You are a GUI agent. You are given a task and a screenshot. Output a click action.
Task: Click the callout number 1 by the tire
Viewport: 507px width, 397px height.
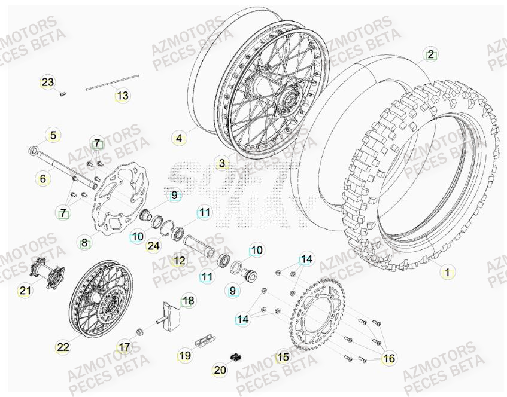pos(445,272)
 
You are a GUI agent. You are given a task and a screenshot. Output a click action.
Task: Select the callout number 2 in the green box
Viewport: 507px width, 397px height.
pos(430,54)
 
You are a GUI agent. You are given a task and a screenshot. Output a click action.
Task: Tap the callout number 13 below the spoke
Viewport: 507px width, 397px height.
pos(122,95)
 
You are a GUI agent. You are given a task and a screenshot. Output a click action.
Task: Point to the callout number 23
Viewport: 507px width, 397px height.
pos(48,82)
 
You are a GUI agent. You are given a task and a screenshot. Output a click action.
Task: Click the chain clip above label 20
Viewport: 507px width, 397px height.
pos(235,357)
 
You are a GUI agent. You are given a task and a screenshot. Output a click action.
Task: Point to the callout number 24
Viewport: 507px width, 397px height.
pos(153,245)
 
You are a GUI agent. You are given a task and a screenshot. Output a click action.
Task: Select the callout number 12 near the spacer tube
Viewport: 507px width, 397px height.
pos(179,261)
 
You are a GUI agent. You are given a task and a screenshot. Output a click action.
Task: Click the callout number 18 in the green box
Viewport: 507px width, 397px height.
pos(188,301)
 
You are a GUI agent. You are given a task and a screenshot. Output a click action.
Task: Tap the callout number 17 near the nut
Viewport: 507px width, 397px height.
pos(124,347)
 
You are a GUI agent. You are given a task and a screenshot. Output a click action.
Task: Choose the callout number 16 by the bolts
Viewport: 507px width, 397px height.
pos(389,358)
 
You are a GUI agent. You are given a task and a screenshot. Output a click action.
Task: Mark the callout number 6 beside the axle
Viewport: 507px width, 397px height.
pos(42,178)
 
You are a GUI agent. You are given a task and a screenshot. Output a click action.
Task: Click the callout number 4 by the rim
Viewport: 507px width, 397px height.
pos(178,139)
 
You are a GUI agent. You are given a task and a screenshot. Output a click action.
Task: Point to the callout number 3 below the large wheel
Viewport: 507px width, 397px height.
pos(221,163)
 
